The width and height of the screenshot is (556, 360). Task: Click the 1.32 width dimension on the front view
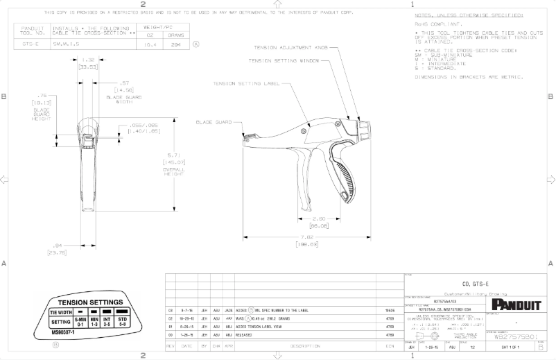coord(88,60)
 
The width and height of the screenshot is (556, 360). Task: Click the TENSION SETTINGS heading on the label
coord(91,302)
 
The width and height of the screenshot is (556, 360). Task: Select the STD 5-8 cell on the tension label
coord(122,323)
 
